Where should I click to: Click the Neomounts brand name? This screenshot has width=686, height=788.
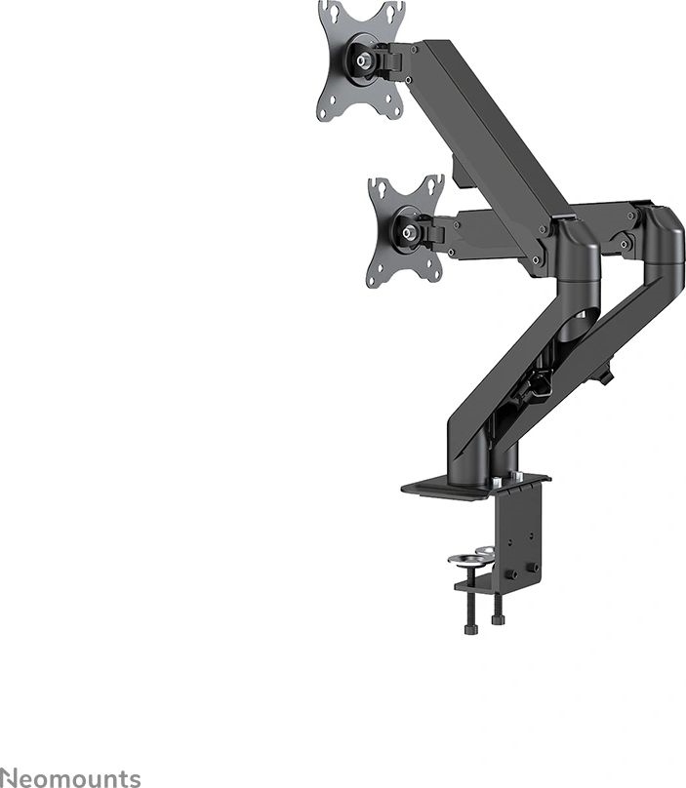[70, 777]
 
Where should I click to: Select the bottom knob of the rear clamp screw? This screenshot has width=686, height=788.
[499, 618]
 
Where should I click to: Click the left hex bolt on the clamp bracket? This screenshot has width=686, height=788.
[506, 570]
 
